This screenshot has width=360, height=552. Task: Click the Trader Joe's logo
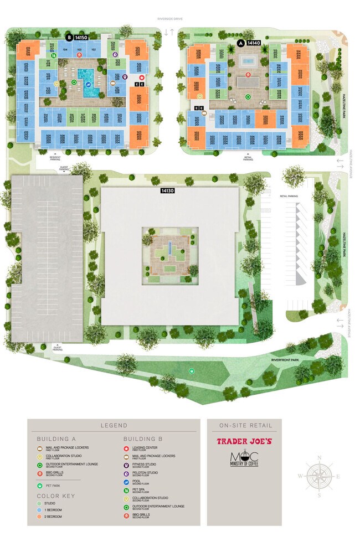pos(244,442)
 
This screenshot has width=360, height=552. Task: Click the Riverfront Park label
pos(285,360)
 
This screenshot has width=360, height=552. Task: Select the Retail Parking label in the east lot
pos(289,196)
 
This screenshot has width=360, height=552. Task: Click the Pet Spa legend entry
pos(140,489)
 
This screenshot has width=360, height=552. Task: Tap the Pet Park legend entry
pos(53,486)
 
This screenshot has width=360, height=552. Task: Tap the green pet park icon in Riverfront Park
pos(192,371)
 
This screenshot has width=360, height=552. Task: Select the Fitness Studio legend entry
pos(144,465)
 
